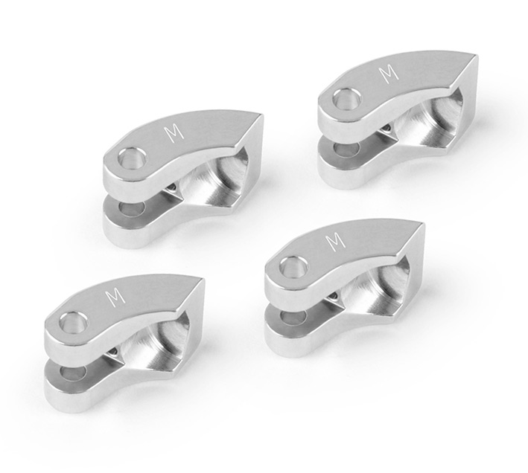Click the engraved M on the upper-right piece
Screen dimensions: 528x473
(x=389, y=74)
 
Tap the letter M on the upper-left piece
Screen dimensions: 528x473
(x=174, y=133)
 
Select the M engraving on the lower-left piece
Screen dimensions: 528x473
(x=115, y=297)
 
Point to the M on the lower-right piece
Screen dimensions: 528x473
(x=336, y=242)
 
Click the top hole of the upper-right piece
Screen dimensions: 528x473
(x=347, y=98)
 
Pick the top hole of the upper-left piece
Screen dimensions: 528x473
(x=133, y=158)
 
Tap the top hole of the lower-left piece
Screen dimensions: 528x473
(x=73, y=322)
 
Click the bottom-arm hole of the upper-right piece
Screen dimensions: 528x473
(x=344, y=149)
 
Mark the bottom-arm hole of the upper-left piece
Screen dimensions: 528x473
(x=131, y=209)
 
